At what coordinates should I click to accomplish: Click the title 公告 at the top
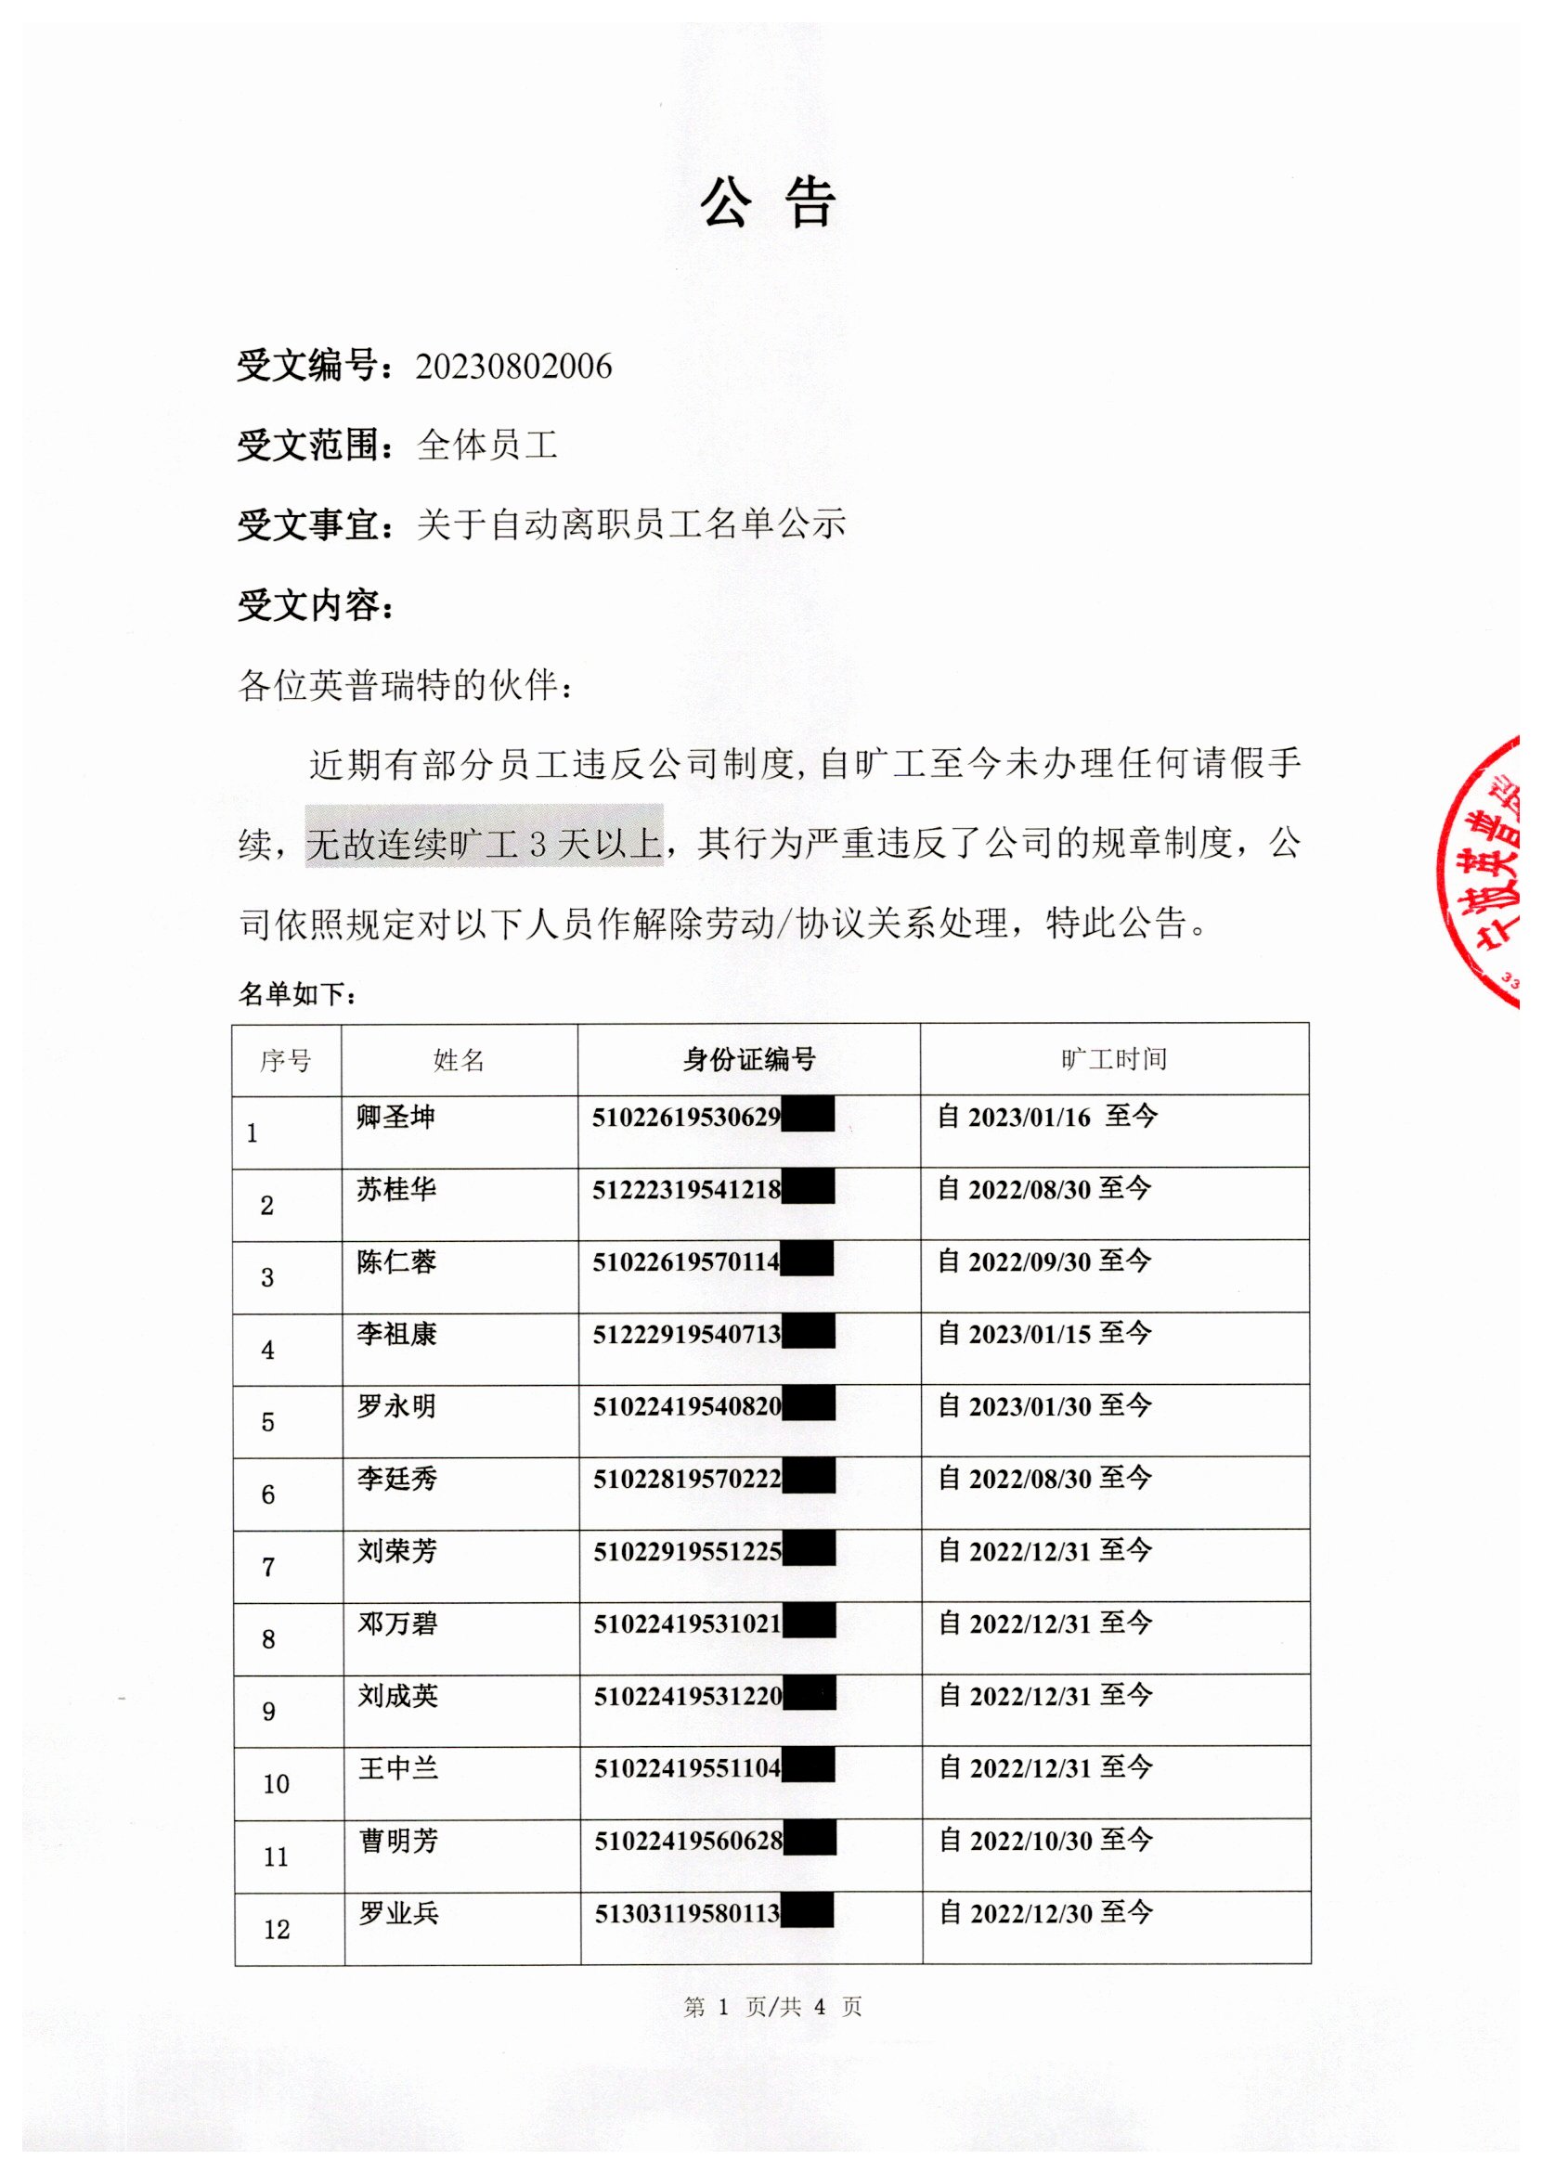tap(768, 202)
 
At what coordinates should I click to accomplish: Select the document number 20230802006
tap(513, 367)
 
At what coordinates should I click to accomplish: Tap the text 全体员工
tap(487, 445)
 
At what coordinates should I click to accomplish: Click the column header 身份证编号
tap(748, 1059)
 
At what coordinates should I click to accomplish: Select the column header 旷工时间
tap(1114, 1059)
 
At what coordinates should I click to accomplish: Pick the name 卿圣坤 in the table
tap(396, 1117)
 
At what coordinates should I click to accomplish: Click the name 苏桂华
tap(396, 1188)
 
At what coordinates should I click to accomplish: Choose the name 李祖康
tap(396, 1334)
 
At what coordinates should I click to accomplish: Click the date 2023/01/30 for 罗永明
tap(1030, 1406)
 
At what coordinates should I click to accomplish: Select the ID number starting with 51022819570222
tap(687, 1478)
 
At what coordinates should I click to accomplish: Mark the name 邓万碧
tap(397, 1623)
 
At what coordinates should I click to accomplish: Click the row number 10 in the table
tap(276, 1785)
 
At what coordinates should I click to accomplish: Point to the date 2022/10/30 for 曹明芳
tap(1030, 1841)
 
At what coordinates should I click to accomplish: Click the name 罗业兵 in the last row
tap(398, 1913)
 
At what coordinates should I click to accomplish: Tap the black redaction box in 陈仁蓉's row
tap(807, 1260)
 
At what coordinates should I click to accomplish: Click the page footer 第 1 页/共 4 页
tap(772, 2007)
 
